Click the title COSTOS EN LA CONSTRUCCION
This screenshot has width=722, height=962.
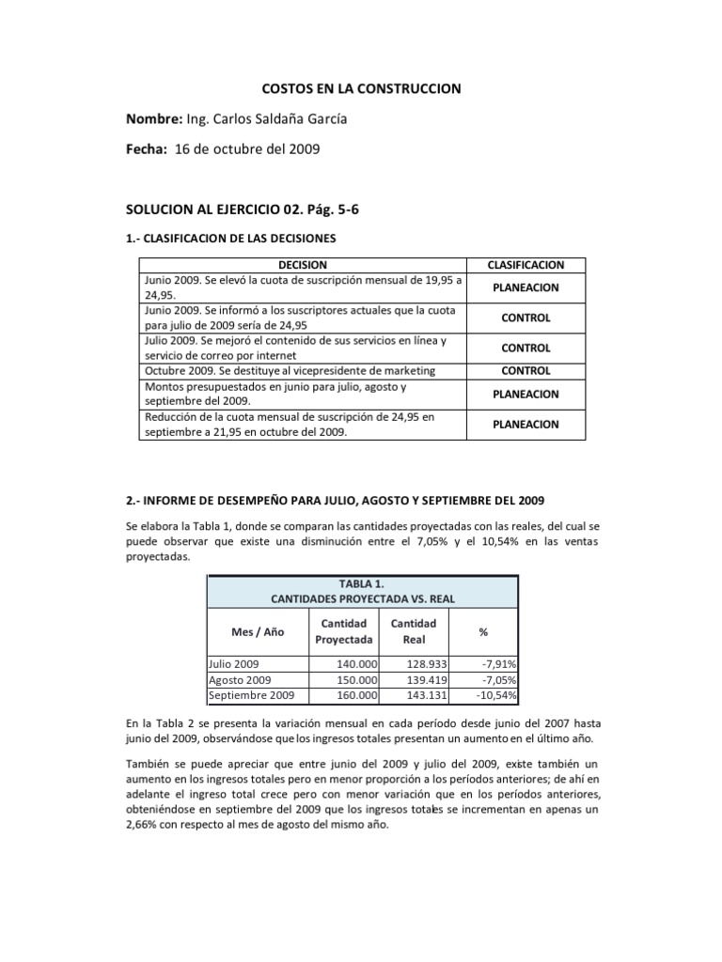[361, 88]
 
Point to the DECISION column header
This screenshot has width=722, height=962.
[303, 265]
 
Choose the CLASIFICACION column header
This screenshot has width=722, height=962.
[526, 265]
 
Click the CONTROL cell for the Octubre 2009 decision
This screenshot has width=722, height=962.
[526, 370]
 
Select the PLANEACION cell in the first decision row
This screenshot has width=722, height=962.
[526, 287]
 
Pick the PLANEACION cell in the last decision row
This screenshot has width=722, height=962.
[526, 424]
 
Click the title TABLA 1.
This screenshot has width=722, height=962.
[361, 582]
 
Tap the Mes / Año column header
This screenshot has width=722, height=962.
[258, 632]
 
